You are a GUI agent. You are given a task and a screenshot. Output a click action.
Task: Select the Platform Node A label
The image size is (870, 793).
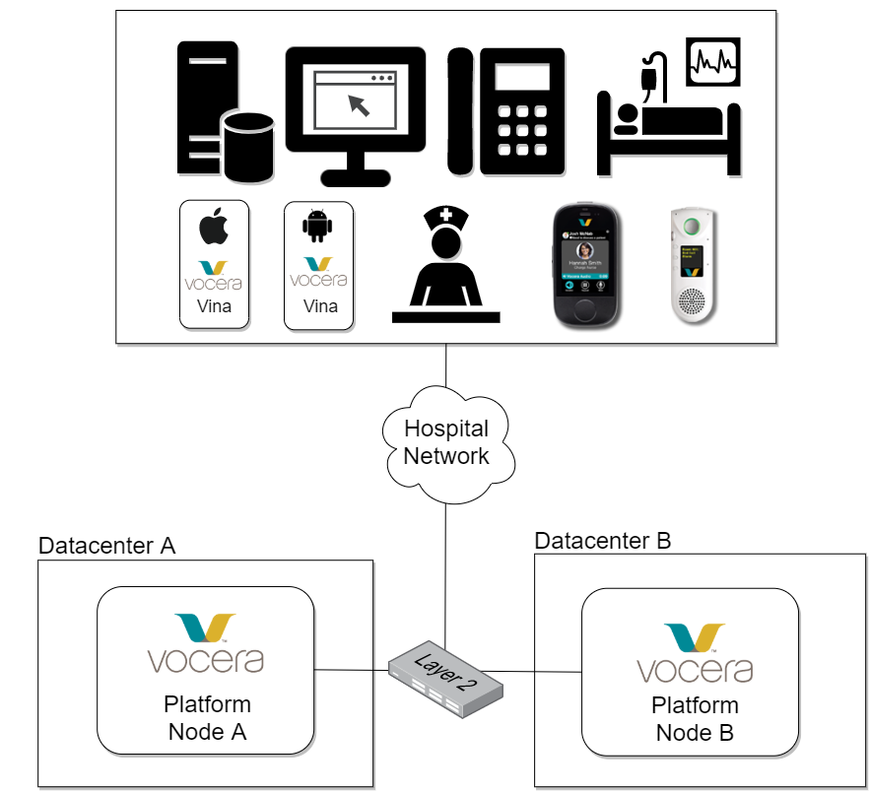point(207,718)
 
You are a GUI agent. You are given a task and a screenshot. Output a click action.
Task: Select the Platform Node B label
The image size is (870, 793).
point(695,720)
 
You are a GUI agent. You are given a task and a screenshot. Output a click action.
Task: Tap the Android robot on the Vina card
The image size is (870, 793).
point(317,228)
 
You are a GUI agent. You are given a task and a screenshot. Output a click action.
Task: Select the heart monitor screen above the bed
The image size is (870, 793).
point(715,64)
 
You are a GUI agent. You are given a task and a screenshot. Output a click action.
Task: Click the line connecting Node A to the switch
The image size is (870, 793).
point(344,672)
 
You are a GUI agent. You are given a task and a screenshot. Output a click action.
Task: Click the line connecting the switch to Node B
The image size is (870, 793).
point(558,673)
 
